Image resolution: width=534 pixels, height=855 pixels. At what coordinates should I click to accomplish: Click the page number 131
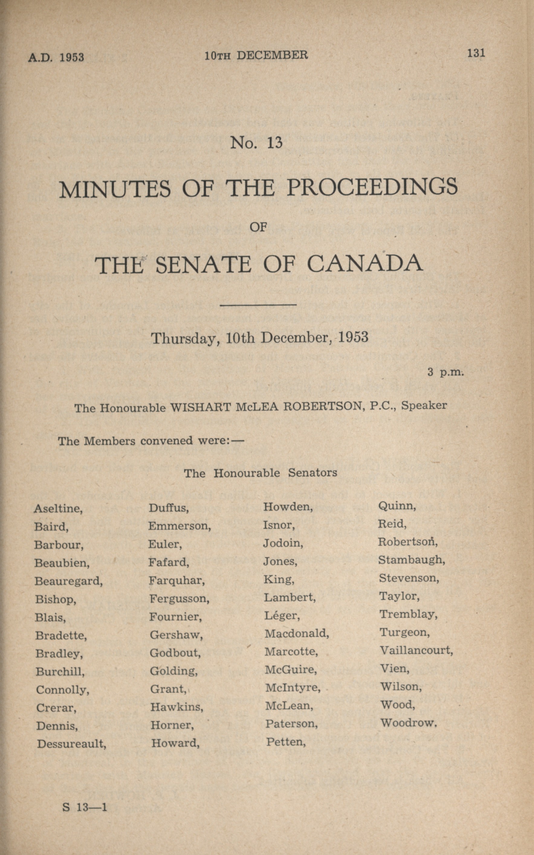[476, 53]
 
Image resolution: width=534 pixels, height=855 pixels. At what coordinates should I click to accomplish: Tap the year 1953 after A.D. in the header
[72, 57]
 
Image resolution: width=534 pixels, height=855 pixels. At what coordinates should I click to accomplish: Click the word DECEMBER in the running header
[272, 55]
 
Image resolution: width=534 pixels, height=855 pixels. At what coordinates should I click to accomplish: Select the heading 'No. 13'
[256, 143]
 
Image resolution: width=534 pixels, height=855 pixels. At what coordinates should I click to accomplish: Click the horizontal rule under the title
[258, 304]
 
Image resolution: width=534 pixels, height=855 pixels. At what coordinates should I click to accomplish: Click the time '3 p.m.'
[445, 372]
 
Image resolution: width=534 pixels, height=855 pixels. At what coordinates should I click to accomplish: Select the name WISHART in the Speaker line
[201, 407]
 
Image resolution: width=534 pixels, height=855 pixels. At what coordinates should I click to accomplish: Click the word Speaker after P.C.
[424, 405]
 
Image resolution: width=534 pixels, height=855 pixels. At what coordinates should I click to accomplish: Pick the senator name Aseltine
[58, 509]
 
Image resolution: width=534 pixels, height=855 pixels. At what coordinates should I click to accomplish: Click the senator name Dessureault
[71, 744]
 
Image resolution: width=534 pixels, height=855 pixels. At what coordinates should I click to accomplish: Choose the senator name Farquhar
[176, 580]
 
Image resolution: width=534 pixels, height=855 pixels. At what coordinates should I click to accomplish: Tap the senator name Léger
[281, 616]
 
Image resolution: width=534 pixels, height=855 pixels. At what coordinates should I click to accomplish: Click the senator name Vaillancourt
[416, 650]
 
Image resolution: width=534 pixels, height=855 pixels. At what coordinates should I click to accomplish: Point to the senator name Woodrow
[408, 723]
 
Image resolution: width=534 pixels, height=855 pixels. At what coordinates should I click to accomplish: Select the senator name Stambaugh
[411, 560]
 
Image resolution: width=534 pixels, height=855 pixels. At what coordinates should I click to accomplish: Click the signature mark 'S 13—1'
[84, 807]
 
